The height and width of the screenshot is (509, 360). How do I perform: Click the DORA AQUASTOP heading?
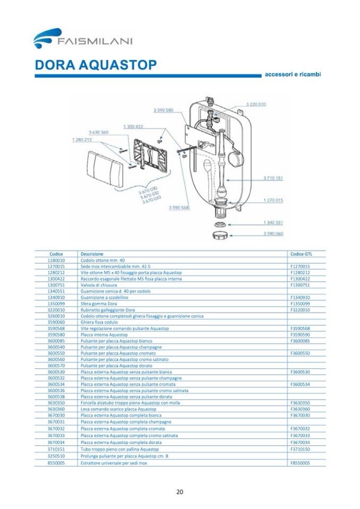coord(96,65)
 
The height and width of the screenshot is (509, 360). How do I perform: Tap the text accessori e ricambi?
coord(293,75)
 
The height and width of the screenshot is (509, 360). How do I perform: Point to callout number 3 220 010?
coord(256,105)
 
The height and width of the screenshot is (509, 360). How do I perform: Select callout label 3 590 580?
coord(164,110)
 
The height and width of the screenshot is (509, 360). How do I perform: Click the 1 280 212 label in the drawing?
coord(81,140)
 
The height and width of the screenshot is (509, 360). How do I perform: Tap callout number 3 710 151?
coord(273,178)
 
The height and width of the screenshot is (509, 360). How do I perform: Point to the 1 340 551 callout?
coord(273,222)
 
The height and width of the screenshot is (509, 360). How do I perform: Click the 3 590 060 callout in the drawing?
coord(273,234)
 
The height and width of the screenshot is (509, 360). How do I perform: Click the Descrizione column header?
coord(92,254)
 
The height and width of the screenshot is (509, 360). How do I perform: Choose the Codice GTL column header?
coord(301,254)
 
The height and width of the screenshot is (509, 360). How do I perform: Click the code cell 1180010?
coord(56,261)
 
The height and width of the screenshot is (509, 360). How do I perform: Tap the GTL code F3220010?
coord(300,310)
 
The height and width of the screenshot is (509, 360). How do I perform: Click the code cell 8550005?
coord(56,463)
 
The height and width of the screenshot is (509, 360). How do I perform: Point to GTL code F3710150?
coord(300,449)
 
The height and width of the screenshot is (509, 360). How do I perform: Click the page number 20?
coord(179,491)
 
